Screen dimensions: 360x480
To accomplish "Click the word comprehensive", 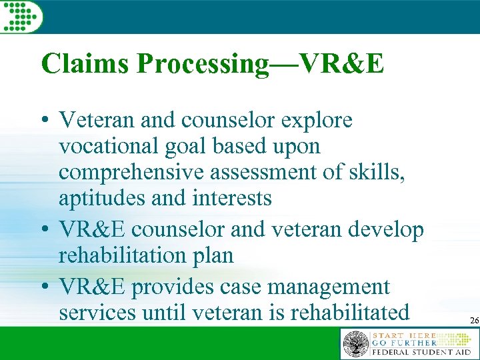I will (134, 173).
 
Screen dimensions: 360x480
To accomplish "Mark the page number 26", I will (474, 321).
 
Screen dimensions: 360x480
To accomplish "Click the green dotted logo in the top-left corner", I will (22, 16).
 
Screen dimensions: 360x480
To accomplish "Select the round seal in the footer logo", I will (355, 344).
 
